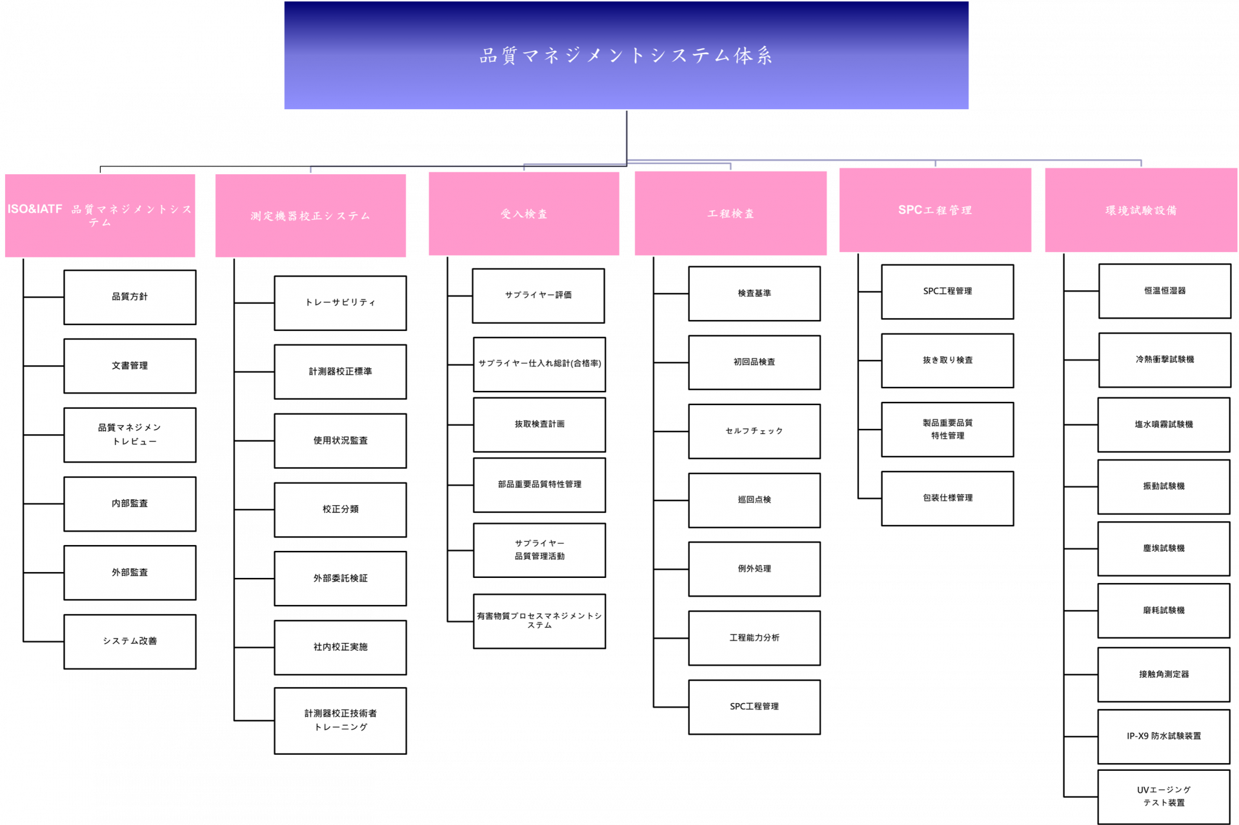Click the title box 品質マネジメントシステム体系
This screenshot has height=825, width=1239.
click(626, 55)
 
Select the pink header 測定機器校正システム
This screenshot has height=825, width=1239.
click(310, 215)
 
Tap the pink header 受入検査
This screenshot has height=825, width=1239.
click(524, 214)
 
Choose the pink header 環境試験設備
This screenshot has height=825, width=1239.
click(1141, 210)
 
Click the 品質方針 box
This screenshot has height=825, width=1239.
click(130, 297)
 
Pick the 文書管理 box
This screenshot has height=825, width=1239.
click(130, 366)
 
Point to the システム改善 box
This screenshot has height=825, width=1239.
click(130, 641)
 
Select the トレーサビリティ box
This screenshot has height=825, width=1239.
click(340, 303)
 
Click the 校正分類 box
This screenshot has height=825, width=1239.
click(340, 510)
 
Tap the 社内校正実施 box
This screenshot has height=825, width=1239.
click(340, 648)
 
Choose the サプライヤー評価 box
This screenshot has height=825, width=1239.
click(538, 295)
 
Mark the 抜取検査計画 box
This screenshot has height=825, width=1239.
click(539, 424)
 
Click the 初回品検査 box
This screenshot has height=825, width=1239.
click(754, 363)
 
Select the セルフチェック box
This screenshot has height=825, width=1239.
click(754, 432)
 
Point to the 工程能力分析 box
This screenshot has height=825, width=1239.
click(754, 638)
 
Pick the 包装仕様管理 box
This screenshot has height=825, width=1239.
click(947, 499)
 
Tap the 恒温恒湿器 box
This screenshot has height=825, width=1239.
click(1165, 291)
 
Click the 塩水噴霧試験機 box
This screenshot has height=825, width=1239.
click(1163, 424)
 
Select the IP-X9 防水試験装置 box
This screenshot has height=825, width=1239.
click(1163, 737)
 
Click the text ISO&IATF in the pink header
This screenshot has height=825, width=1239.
click(35, 209)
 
